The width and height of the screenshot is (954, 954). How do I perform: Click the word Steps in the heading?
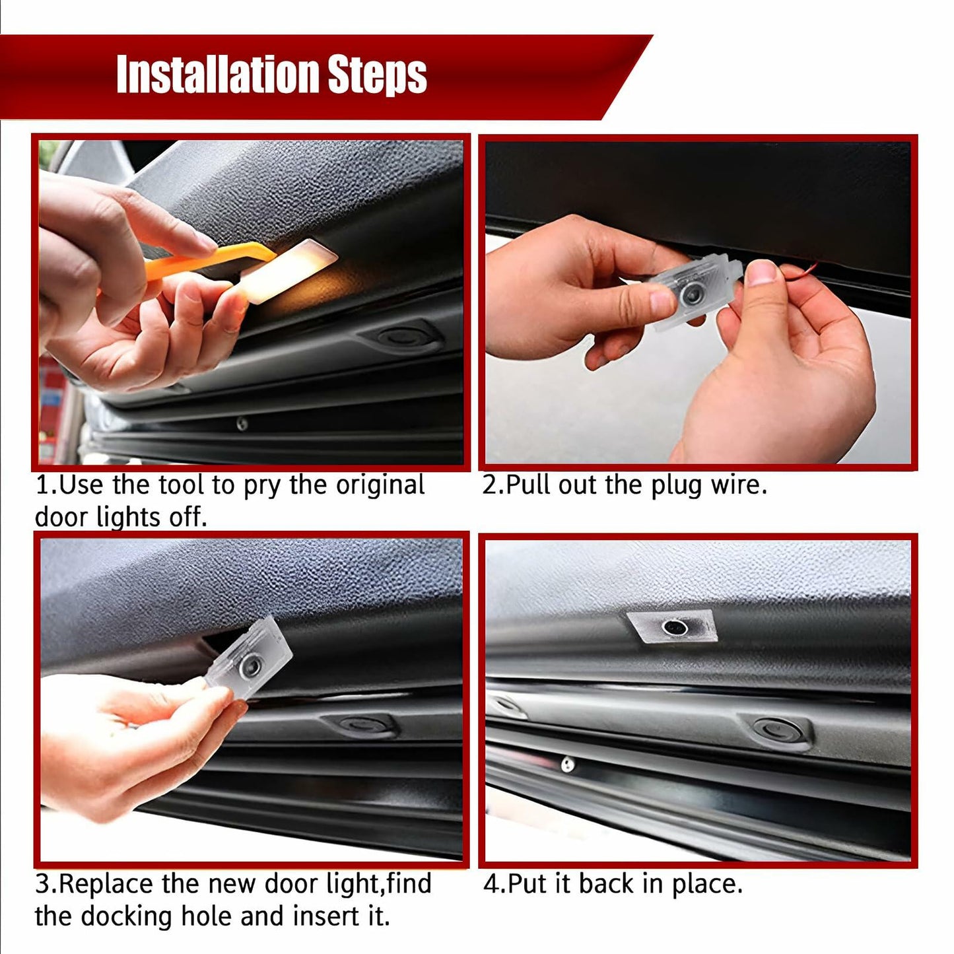coord(377,76)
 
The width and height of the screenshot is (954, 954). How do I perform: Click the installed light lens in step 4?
coord(673,626)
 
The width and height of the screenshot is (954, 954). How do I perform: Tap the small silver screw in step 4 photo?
coord(567,765)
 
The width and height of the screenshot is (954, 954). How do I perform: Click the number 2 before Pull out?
coord(490,485)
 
